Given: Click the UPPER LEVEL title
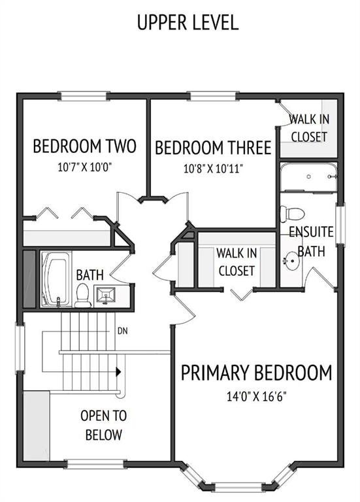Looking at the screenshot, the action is pos(188,22).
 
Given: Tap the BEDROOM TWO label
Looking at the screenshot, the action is pos(85,146).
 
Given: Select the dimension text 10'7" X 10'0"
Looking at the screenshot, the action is pos(84,167).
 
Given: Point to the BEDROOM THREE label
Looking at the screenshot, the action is pos(213,148).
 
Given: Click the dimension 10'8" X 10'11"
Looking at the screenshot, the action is pos(213,169).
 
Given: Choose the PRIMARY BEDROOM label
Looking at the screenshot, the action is pos(257,373).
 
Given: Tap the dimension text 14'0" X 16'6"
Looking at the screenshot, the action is pos(256,397).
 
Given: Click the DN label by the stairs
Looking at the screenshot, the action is pos(123,331).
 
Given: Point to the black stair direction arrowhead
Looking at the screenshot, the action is pos(118,372).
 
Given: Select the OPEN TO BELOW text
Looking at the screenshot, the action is pos(104,425).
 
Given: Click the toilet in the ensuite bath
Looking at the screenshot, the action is pos(292,214).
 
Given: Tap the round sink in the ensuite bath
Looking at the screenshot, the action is pos(291,260).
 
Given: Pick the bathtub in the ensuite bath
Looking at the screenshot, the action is pos(309,177).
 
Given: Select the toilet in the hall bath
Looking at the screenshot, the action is pos(83,295).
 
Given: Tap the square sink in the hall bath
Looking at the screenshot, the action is pos(106,295).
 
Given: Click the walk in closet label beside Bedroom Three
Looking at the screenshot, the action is pos(309,128).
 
